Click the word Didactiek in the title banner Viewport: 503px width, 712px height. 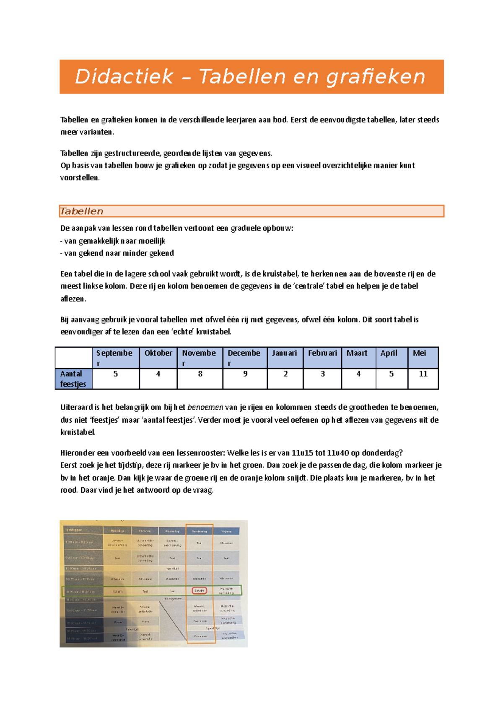tap(124, 77)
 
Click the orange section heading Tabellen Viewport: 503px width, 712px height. tap(82, 211)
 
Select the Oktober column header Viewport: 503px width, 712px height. tap(158, 353)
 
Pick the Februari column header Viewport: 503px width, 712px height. tap(322, 353)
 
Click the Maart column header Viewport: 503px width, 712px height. tap(357, 353)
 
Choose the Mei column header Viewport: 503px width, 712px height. tap(419, 353)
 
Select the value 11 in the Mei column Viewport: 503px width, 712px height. tap(423, 374)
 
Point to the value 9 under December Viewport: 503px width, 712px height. tap(245, 374)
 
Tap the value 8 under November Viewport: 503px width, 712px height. tap(200, 374)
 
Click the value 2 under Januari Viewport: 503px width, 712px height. tap(285, 374)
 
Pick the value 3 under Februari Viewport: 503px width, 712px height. tap(322, 374)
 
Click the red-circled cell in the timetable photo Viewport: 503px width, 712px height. tap(199, 591)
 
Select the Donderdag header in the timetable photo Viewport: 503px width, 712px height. tap(200, 531)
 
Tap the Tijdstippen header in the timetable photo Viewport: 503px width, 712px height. tap(74, 530)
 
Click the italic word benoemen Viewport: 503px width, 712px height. tap(205, 407)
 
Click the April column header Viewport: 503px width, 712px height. tap(389, 353)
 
